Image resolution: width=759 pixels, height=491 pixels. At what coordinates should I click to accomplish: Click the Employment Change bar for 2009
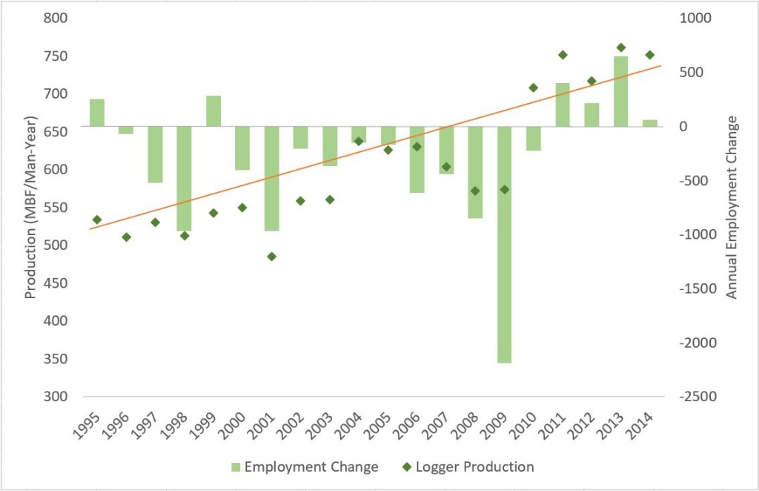click(504, 244)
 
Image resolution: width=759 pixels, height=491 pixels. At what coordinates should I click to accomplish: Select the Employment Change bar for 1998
click(184, 178)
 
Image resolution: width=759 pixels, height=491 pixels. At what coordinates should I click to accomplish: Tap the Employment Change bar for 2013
click(620, 90)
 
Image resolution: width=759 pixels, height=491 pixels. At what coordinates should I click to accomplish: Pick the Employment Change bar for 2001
click(271, 178)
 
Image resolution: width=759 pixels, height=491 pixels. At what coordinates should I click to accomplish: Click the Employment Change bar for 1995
click(97, 112)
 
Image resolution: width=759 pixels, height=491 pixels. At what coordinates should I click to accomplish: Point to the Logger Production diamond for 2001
click(271, 257)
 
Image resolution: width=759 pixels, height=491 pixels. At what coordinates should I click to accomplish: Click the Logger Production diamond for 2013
click(621, 47)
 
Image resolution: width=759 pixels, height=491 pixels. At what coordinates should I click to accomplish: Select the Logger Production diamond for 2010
click(533, 88)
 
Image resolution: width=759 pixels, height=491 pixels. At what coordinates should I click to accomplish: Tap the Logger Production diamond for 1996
click(126, 237)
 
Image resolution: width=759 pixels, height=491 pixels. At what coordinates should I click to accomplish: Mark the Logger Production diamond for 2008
click(475, 191)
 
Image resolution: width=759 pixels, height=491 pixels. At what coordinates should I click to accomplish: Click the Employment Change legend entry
click(305, 467)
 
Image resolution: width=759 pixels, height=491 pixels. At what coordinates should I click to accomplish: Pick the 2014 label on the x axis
click(646, 425)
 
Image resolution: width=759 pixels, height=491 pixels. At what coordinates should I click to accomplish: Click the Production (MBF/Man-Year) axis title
click(30, 207)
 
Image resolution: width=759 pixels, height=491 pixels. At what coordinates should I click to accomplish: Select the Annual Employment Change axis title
click(732, 207)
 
